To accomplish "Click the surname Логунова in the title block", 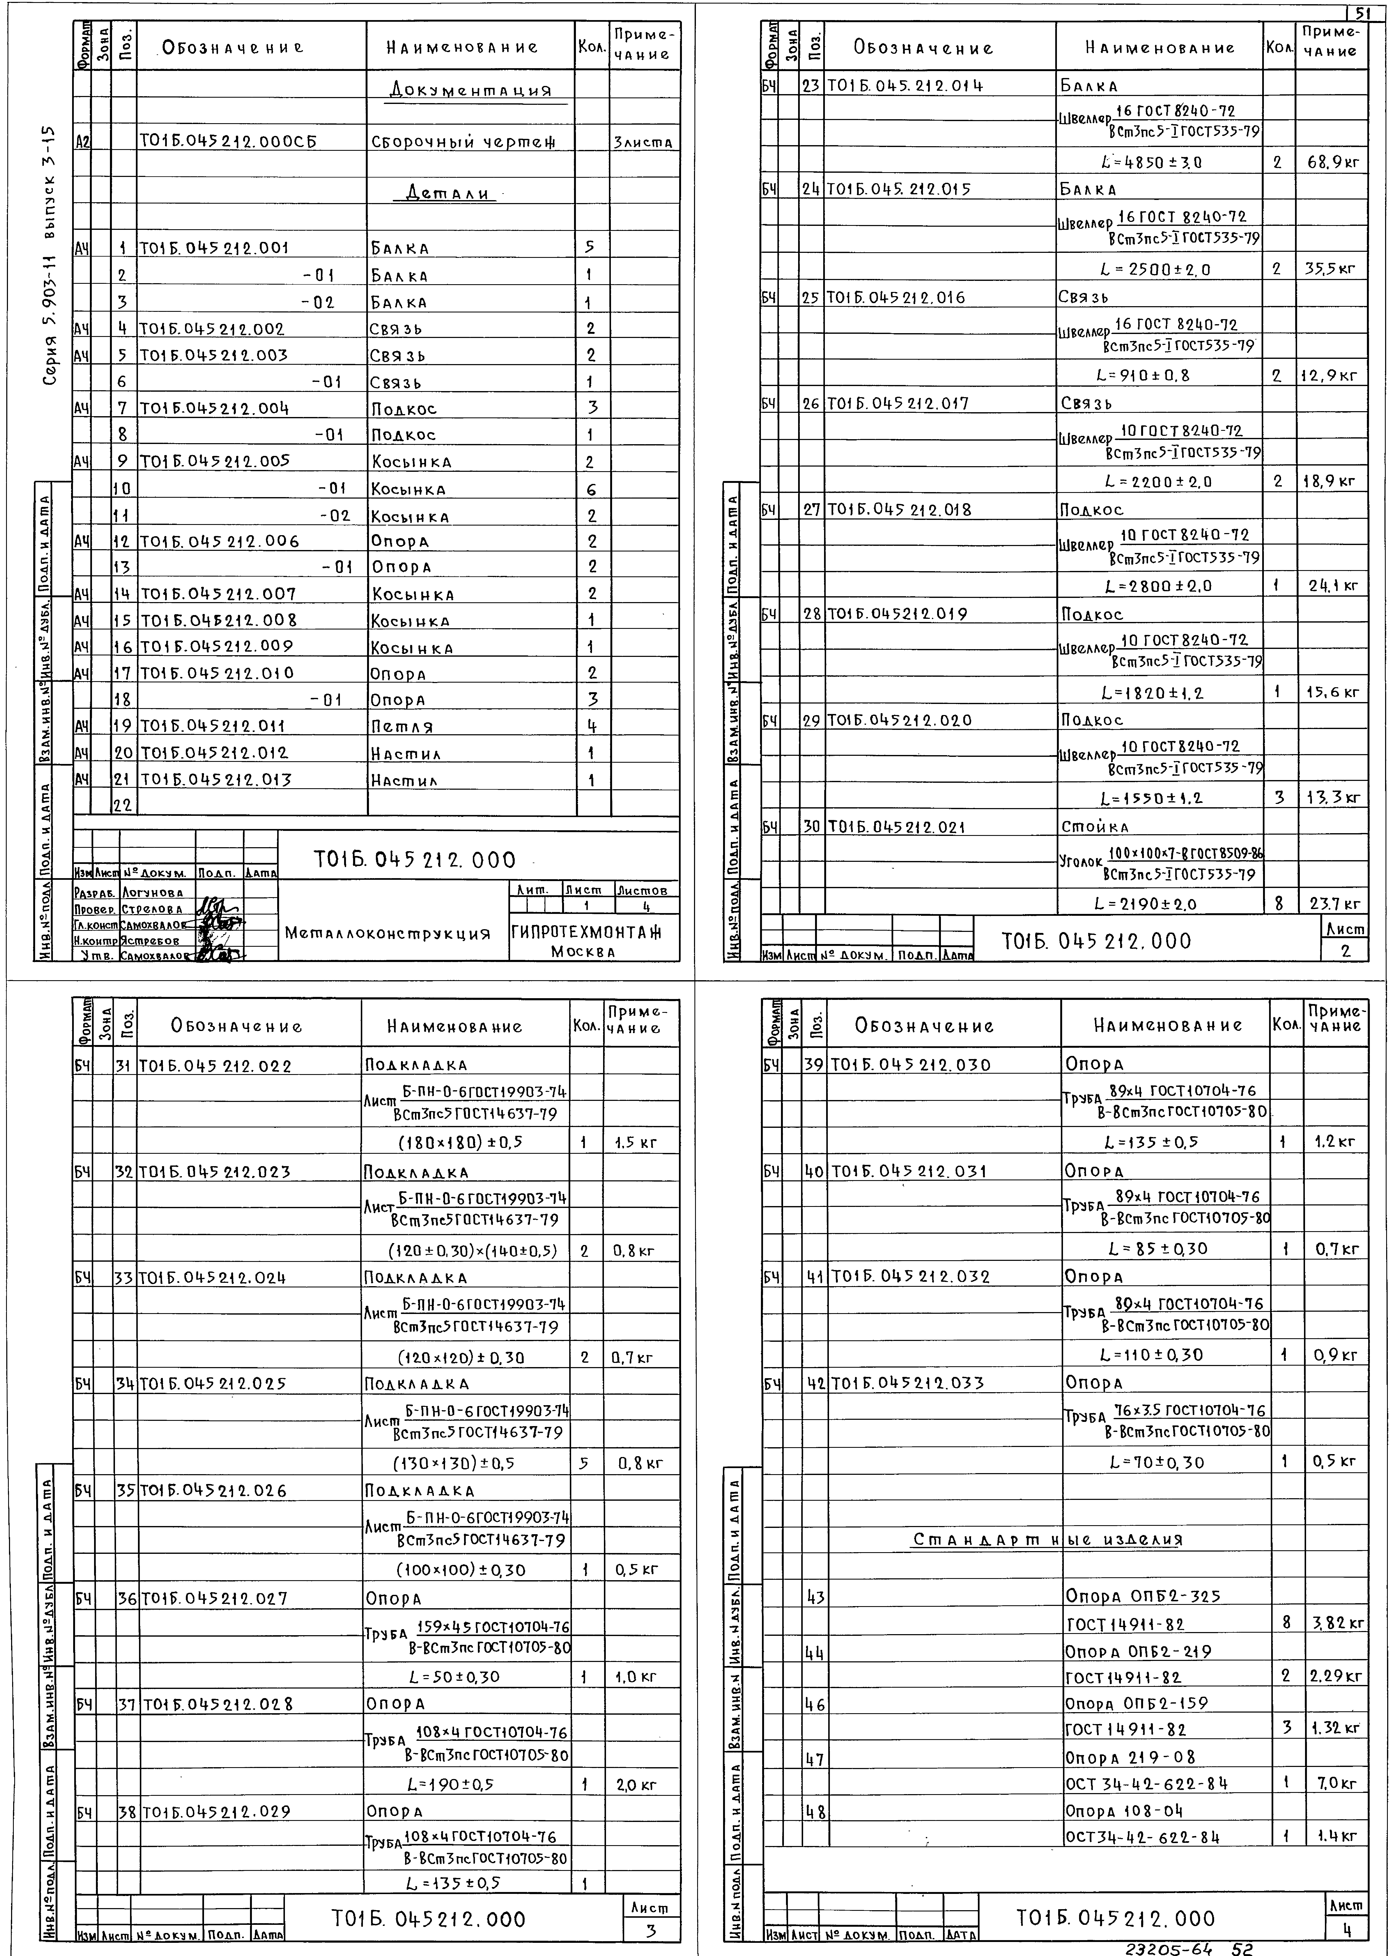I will click(x=152, y=893).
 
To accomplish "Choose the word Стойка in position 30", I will click(x=1095, y=828).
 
